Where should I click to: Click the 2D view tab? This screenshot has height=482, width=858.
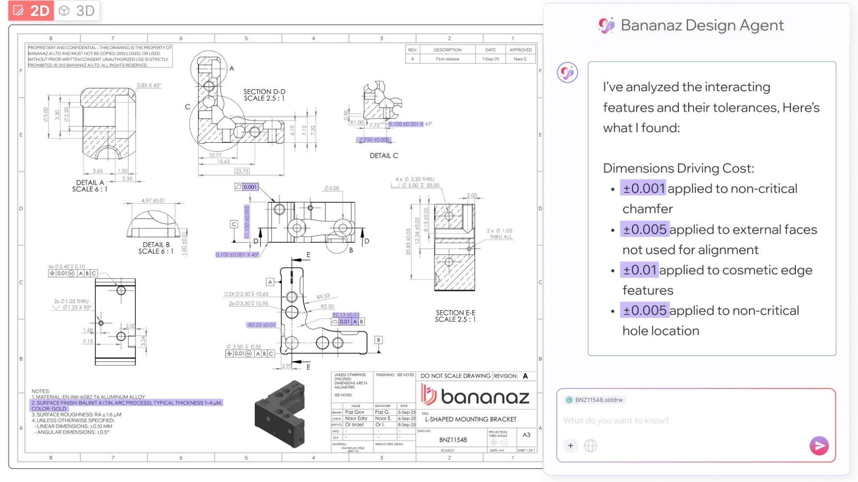(31, 11)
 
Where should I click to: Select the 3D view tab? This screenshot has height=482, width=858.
(77, 11)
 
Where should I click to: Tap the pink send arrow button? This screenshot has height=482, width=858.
(819, 445)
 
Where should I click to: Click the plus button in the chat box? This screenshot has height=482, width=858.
(571, 445)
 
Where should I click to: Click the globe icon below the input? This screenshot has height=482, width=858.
(590, 445)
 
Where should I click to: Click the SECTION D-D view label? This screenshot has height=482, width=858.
(264, 95)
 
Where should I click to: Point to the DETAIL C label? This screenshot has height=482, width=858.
(383, 156)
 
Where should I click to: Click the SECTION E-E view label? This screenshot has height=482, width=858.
(455, 316)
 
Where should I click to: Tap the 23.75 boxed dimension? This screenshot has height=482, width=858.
(242, 171)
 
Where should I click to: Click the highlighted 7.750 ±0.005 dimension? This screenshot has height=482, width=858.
(374, 140)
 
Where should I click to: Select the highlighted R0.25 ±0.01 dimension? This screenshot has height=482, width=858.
(262, 325)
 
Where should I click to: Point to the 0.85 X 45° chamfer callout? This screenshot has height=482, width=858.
(149, 85)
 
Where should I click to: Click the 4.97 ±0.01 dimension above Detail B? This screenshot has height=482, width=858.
(153, 201)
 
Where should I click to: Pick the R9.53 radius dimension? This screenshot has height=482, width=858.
(323, 296)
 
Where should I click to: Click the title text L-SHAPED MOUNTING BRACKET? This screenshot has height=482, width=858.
(471, 420)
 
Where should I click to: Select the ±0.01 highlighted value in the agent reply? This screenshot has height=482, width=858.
(639, 270)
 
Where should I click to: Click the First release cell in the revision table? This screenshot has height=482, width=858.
(447, 59)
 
